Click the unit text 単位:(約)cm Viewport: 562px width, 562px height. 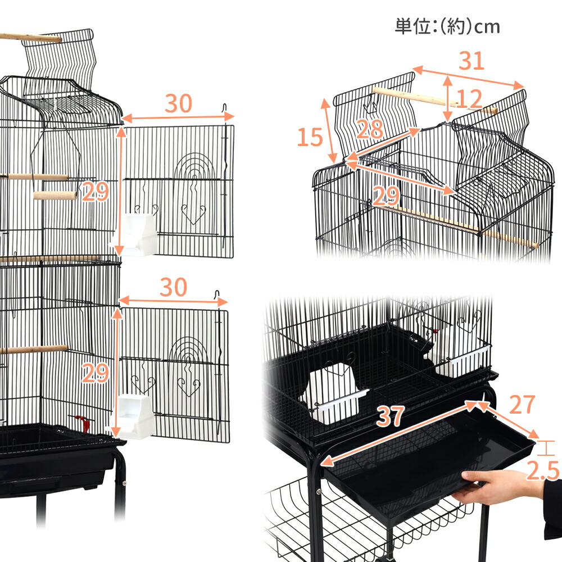click(x=447, y=26)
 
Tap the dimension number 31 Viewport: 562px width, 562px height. click(x=471, y=61)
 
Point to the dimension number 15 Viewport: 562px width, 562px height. click(x=310, y=137)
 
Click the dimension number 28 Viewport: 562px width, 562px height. click(x=370, y=129)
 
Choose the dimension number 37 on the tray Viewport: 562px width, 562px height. click(x=390, y=416)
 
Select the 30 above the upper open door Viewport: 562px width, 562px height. click(x=178, y=103)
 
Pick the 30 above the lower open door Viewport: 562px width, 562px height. click(x=173, y=287)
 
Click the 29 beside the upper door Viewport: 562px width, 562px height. click(x=95, y=193)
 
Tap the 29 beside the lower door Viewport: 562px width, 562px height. click(x=95, y=373)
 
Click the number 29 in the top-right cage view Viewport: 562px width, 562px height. click(x=386, y=195)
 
